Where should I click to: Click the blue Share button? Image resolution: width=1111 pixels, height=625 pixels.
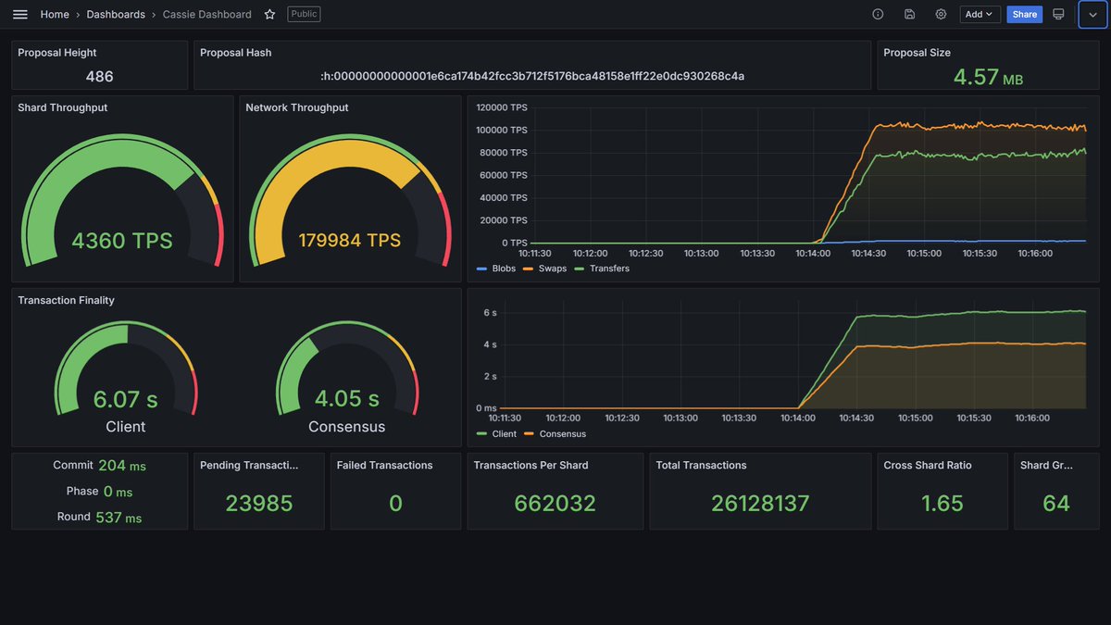(1024, 15)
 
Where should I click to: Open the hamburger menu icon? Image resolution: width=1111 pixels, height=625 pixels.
(19, 15)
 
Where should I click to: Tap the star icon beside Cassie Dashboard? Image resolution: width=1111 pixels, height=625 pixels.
(269, 15)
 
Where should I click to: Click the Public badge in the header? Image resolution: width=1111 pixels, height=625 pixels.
(304, 14)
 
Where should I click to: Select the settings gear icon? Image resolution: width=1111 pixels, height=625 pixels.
(941, 15)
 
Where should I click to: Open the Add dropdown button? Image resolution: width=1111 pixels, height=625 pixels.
(980, 15)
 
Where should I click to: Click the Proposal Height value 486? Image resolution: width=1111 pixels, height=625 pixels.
(99, 76)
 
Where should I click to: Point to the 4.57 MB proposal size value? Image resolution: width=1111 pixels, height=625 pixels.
(988, 78)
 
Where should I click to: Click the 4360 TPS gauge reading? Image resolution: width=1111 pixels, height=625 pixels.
(122, 241)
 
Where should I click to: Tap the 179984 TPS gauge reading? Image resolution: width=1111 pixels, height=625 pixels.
(350, 240)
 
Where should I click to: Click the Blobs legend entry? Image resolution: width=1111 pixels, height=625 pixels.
(496, 269)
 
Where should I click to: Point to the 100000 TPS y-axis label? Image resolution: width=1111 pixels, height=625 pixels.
(502, 130)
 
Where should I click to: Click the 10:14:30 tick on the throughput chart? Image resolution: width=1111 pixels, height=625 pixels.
(868, 254)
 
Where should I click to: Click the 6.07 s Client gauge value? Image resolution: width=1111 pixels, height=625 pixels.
(126, 399)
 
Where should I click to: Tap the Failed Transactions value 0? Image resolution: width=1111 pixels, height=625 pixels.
(395, 504)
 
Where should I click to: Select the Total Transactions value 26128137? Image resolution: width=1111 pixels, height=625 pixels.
(760, 504)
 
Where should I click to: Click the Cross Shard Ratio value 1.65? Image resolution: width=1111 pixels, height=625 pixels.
(942, 504)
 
